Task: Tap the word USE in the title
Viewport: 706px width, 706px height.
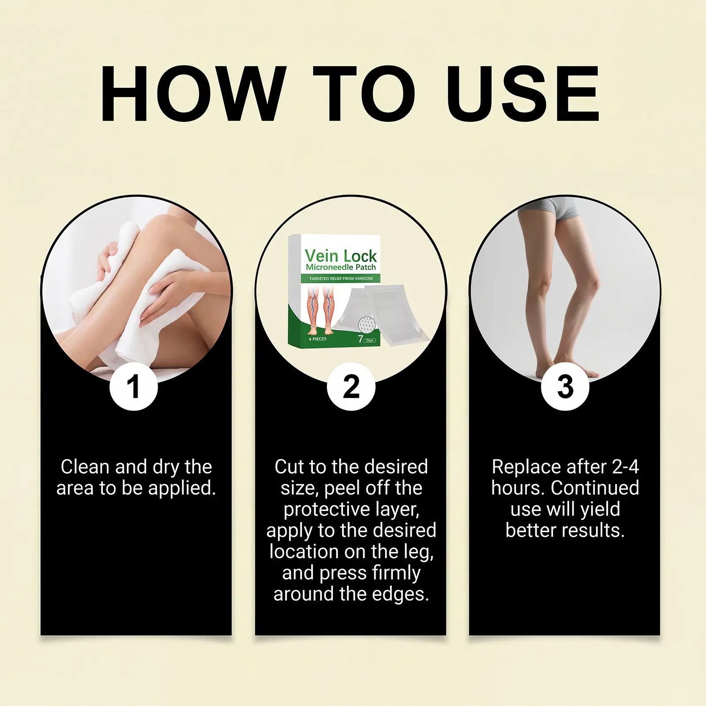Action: click(523, 93)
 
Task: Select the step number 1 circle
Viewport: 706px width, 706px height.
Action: click(133, 387)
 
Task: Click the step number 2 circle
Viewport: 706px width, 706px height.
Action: click(351, 387)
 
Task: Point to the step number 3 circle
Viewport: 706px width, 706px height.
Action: click(565, 387)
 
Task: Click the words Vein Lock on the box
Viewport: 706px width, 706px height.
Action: click(341, 256)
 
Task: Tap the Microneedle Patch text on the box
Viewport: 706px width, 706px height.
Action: click(341, 267)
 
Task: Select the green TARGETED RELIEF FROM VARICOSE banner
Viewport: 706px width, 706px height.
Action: click(341, 278)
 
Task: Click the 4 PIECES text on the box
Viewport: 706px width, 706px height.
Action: click(317, 339)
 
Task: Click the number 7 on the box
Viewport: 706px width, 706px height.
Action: click(361, 339)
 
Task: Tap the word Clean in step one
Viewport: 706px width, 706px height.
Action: click(85, 467)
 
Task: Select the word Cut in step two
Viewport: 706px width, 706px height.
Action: click(289, 467)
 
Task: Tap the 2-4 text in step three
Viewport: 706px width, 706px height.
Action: click(626, 467)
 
